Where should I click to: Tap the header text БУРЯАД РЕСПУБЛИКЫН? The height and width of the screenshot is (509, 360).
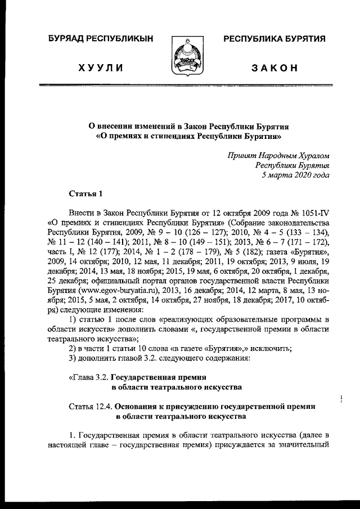coord(101,39)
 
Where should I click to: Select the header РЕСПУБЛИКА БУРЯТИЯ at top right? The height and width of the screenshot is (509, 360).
coord(275,39)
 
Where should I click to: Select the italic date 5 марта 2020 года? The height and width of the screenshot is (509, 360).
coord(295,175)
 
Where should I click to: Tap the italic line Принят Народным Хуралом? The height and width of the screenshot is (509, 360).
coord(278,155)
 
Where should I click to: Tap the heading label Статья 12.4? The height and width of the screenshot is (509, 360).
coord(90,406)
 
